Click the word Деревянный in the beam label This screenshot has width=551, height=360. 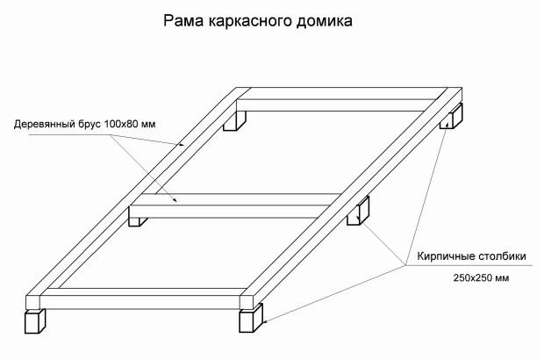tap(45, 124)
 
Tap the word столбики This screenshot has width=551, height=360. tap(500, 257)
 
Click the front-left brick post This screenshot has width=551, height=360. tap(35, 321)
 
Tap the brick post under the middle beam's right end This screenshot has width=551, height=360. tap(361, 213)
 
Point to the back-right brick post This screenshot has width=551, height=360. tap(454, 119)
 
